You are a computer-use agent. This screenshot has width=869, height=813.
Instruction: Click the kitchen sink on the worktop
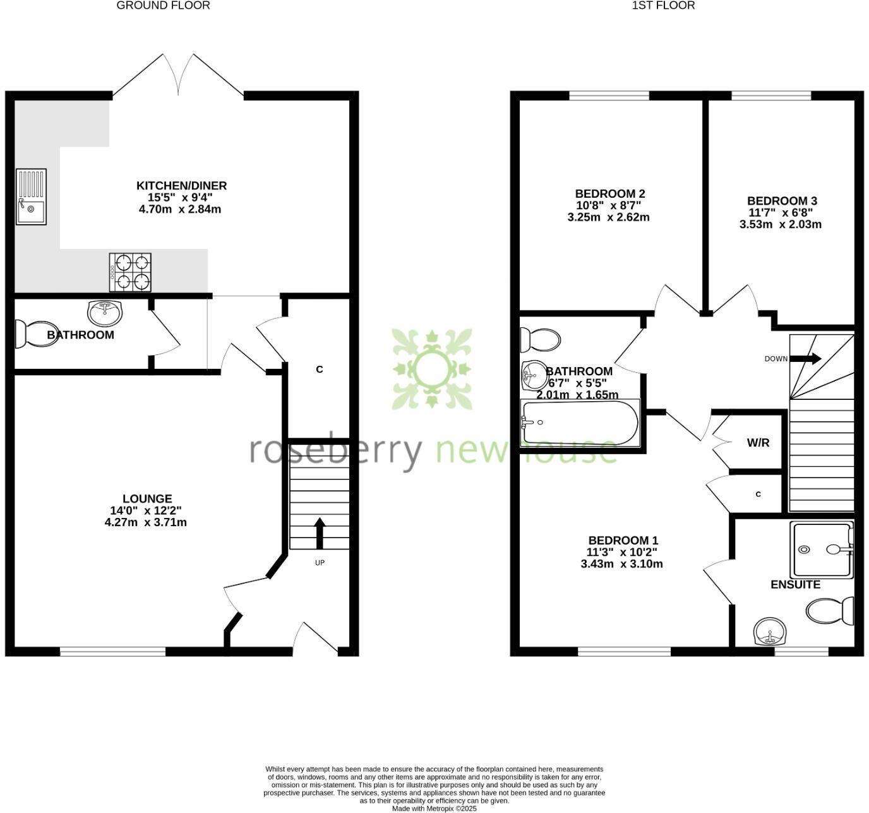point(31,196)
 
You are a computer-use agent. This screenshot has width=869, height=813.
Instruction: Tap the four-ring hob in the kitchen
point(130,272)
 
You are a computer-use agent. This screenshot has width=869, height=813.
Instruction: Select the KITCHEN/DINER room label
point(181,186)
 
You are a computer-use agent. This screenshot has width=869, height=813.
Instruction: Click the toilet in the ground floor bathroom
point(27,334)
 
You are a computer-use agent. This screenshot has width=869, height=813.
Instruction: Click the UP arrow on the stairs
point(320,533)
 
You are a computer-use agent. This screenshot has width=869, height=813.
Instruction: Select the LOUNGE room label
point(147,499)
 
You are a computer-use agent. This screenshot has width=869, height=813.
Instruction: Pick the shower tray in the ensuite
point(821,550)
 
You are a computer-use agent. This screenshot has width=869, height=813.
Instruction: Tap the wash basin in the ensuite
point(770,631)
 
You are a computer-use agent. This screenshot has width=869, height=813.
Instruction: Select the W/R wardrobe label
point(758,443)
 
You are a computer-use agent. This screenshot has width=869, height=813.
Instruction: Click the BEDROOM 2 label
point(609,194)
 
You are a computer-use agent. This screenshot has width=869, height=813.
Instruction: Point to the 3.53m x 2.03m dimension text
point(780,224)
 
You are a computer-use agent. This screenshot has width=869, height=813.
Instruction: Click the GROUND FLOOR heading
point(163,6)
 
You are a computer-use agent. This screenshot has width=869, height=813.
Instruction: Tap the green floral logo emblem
point(432,368)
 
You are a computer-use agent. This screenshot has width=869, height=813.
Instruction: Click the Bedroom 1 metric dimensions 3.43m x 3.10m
point(621,564)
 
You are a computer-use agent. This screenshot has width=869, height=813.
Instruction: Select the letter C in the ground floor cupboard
point(320,370)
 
